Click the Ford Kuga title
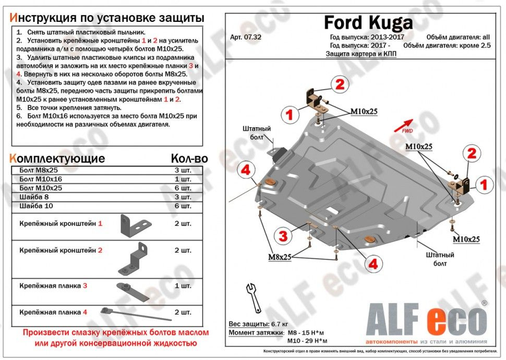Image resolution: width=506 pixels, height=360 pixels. click(x=368, y=22)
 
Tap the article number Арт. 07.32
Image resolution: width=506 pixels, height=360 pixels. click(x=244, y=37)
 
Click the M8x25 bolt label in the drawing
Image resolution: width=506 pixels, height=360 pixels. click(x=280, y=257)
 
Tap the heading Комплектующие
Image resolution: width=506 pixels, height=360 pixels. click(x=57, y=159)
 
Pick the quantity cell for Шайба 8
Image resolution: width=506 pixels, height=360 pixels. click(x=183, y=197)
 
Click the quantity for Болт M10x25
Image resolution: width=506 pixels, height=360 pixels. click(x=183, y=188)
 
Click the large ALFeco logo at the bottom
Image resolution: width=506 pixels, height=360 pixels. click(x=427, y=320)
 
